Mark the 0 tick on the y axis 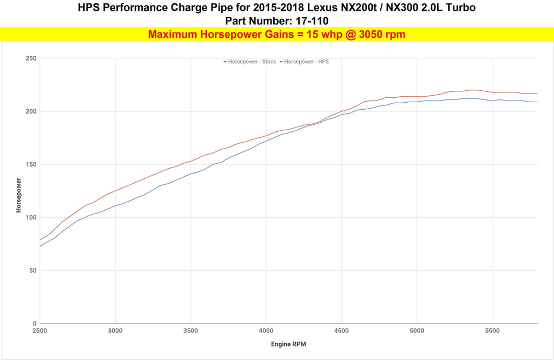tap(34, 323)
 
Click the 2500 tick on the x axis tap(39, 330)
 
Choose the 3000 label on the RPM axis tap(115, 330)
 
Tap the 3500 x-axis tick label tap(190, 330)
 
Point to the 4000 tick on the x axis tap(266, 330)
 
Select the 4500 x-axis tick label tap(341, 330)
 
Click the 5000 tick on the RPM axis tap(417, 330)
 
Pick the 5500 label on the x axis tap(492, 330)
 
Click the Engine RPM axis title tap(288, 344)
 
